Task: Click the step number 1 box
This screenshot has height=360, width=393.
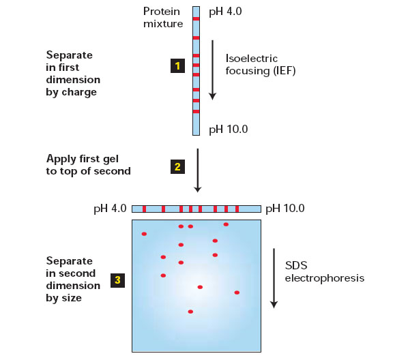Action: pos(177,66)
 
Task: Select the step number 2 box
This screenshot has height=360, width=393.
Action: pos(177,166)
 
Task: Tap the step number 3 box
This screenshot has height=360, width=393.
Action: pos(117,280)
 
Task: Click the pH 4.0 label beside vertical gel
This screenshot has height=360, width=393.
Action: pos(225,12)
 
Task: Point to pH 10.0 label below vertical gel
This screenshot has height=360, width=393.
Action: pos(229,130)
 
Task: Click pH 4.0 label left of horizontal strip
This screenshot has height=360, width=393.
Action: pos(110,209)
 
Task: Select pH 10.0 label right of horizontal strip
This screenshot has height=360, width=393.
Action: pos(285,209)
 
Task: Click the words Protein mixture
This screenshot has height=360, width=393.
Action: pos(163,18)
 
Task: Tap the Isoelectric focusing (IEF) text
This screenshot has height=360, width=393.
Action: pos(261,65)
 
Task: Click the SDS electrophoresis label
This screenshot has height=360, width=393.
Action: pos(325,272)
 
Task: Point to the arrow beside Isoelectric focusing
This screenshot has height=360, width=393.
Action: pos(213,70)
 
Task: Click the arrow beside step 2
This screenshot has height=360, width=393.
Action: pos(198,170)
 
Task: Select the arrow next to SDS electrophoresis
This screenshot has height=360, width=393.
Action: pos(274,278)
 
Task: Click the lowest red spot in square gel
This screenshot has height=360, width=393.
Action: pos(190,312)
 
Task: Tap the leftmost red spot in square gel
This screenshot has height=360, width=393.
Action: pos(144,234)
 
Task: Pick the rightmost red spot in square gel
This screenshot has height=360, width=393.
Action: pos(237,292)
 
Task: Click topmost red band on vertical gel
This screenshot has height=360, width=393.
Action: pos(196,19)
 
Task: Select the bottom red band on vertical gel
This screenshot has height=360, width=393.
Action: pos(196,112)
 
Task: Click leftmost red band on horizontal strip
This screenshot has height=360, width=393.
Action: pos(144,209)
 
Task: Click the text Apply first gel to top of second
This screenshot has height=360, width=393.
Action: pos(89,165)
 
